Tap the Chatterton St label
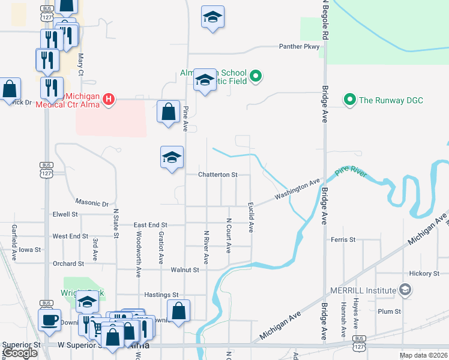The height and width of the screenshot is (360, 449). (218, 175)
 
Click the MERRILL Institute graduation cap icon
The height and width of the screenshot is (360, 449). (405, 290)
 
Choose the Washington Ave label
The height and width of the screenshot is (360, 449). (298, 189)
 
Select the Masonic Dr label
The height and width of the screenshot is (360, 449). (92, 204)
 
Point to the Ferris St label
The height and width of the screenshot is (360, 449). (343, 239)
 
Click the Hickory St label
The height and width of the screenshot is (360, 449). (424, 274)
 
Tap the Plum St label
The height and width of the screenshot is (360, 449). (390, 311)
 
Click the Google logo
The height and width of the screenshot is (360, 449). (20, 353)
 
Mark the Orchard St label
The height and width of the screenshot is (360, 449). (68, 263)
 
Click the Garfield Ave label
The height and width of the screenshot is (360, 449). (14, 239)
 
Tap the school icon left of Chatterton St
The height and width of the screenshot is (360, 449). (172, 157)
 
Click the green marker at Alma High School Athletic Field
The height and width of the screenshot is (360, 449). (256, 76)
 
